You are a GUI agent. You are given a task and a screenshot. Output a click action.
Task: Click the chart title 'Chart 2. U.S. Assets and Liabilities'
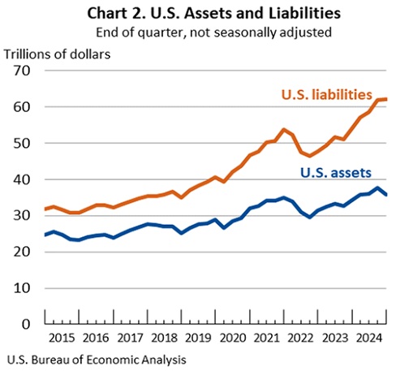click(204, 13)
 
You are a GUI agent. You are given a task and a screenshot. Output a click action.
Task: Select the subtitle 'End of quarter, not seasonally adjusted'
click(204, 32)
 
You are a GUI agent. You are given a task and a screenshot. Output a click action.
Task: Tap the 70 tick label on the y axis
click(21, 71)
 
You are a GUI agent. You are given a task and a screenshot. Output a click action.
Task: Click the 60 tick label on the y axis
click(21, 107)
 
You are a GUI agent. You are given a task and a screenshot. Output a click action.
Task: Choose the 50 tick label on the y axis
click(21, 144)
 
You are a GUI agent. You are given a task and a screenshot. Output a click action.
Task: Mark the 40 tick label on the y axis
click(21, 179)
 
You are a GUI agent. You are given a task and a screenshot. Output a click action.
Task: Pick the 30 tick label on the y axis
click(21, 216)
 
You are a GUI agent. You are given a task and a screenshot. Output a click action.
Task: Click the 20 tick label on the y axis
click(21, 252)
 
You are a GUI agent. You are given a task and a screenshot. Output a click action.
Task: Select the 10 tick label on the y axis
click(21, 288)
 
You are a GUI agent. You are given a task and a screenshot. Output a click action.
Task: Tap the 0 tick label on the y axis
click(26, 324)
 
